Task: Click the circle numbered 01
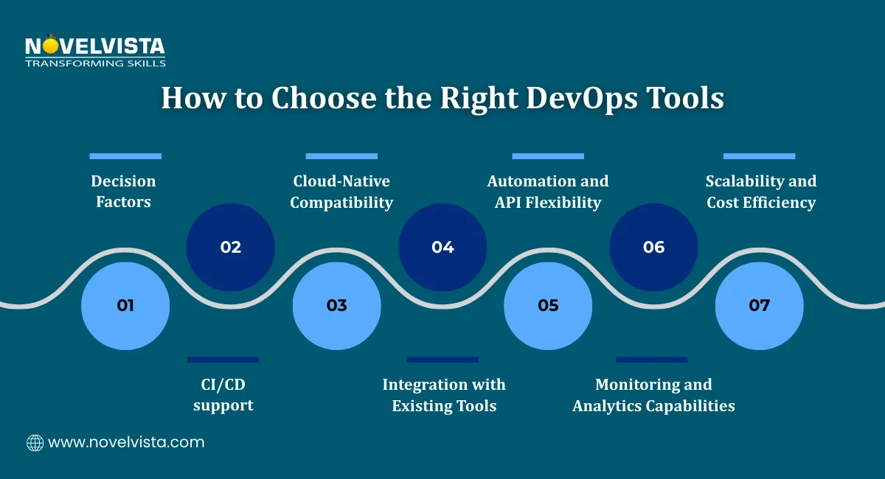click(125, 305)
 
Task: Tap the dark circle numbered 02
click(231, 247)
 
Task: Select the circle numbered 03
click(337, 305)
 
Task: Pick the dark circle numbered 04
click(442, 247)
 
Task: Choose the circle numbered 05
click(548, 305)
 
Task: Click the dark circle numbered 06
click(653, 247)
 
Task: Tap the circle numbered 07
click(760, 305)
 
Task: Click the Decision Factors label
click(123, 192)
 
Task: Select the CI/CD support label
click(223, 395)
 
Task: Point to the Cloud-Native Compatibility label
click(341, 192)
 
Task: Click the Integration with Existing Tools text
click(444, 395)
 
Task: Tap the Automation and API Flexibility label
click(548, 192)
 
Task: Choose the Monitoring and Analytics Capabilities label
click(653, 395)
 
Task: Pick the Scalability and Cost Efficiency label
click(761, 192)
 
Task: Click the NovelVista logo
click(94, 52)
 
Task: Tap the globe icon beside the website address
click(35, 443)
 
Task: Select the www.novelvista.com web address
click(126, 443)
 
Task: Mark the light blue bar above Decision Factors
click(125, 156)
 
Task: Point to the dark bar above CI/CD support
click(223, 360)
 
